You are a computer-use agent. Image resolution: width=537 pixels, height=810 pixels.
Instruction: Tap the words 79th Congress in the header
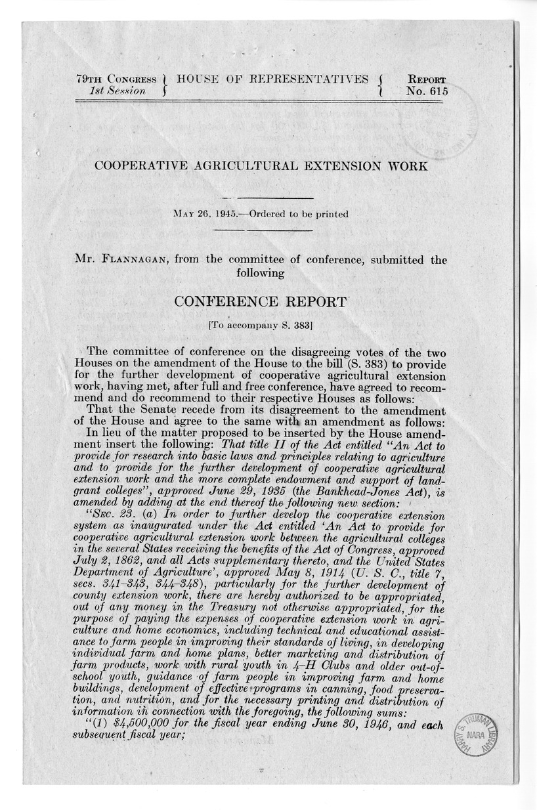[116, 79]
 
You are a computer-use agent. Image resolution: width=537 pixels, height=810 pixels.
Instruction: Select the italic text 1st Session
[118, 91]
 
